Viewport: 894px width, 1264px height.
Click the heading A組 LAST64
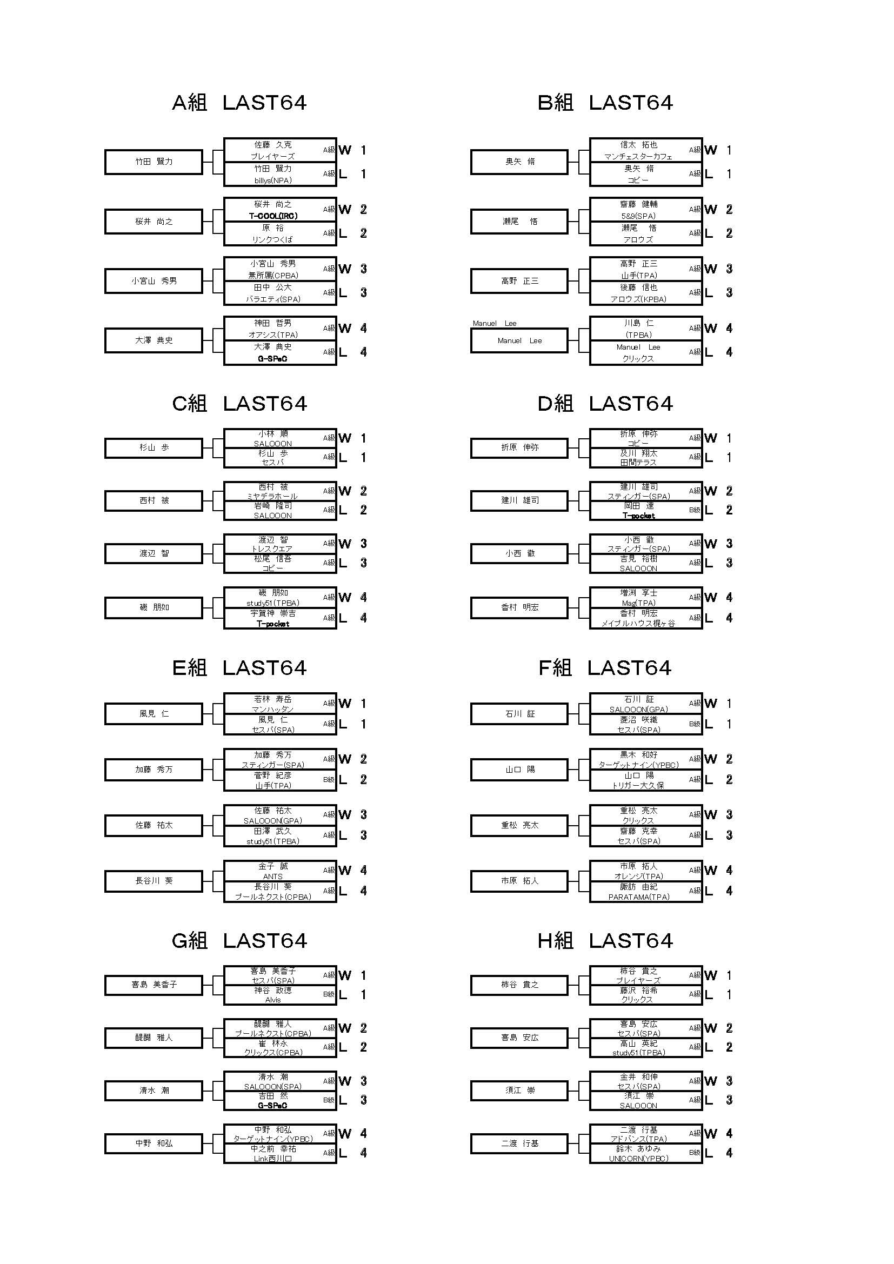pos(239,103)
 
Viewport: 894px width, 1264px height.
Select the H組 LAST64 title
pos(605,941)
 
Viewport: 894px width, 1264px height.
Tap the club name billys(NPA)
pos(273,180)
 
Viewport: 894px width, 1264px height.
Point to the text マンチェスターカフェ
pos(638,157)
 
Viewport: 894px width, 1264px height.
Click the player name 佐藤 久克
pos(273,145)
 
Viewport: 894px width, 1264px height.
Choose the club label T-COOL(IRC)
pos(273,216)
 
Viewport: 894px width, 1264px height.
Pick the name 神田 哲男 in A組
pos(273,323)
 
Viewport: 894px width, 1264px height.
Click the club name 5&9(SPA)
pos(638,216)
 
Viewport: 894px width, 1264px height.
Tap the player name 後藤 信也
pos(638,287)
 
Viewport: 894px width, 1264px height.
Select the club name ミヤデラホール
pos(273,497)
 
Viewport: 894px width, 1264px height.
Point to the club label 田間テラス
pos(638,463)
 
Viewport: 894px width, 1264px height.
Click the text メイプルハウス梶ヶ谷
pos(638,624)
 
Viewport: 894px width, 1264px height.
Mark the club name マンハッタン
pos(273,710)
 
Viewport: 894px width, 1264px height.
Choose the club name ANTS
pos(273,877)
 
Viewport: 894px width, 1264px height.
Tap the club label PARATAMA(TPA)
pos(638,897)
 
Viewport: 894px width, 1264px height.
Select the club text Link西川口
pos(273,1159)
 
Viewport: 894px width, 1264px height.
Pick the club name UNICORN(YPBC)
pos(638,1159)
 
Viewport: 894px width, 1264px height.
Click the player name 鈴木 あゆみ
pos(638,1149)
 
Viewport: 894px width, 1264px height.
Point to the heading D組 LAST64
pos(605,404)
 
